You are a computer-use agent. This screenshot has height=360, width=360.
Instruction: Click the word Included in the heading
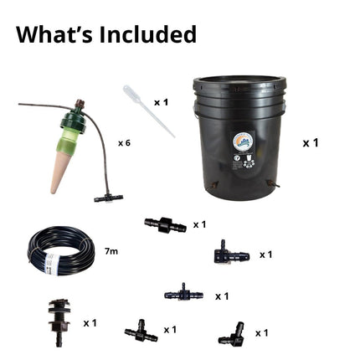pos(147,34)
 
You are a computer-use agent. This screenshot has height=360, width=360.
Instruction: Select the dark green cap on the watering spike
pos(75,120)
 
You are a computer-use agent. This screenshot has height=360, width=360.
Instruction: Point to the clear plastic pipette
pos(148,111)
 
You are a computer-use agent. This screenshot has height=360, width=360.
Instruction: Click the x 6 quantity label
pos(124,143)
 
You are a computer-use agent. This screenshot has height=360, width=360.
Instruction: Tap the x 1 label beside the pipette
pos(162,102)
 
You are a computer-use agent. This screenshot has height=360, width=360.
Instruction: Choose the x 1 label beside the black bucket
pos(311,143)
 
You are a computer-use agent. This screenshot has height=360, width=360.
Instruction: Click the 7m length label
pos(111,251)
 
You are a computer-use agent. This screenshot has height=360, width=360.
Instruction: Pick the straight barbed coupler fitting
pos(165,225)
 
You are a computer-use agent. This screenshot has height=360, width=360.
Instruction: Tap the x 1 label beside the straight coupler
pos(199,224)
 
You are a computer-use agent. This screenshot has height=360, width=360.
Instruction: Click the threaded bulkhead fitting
pos(59,322)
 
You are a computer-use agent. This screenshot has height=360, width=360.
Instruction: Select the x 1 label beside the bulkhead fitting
pos(90,323)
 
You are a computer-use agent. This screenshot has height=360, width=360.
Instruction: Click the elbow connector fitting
pos(231,334)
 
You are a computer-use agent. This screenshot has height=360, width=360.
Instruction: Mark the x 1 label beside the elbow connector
pos(261,333)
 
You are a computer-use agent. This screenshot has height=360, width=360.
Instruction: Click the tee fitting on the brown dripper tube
pos(108,198)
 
